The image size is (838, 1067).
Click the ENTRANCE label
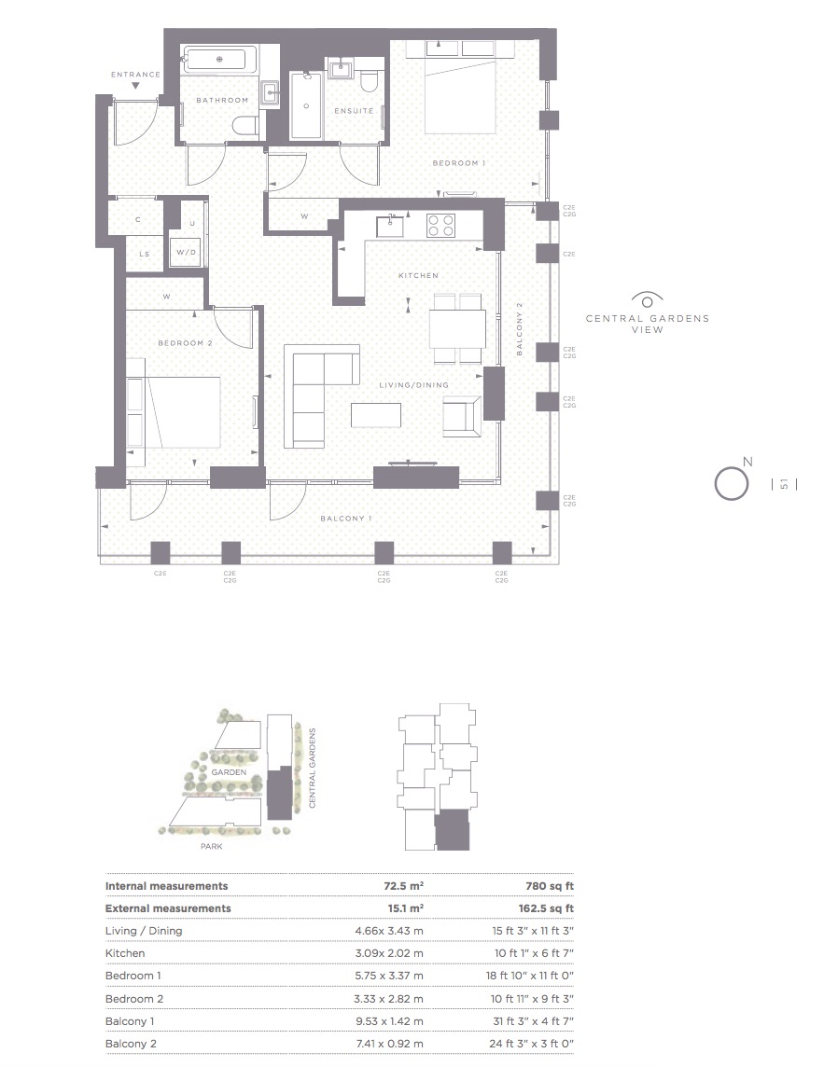[135, 75]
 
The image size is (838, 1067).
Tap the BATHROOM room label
[222, 100]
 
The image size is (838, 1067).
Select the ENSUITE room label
[354, 110]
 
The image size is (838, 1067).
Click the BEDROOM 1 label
[459, 163]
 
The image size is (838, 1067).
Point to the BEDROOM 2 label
[185, 343]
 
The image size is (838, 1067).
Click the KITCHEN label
[419, 275]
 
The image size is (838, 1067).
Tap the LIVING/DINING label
[414, 385]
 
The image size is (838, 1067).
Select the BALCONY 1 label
[346, 519]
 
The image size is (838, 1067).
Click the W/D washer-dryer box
[186, 253]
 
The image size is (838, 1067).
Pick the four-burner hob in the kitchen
[440, 225]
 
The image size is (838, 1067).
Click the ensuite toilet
[370, 80]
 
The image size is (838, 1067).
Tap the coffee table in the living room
[376, 415]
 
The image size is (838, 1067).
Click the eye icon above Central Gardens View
[648, 299]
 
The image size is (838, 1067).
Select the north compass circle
[731, 484]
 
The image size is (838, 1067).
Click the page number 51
[784, 484]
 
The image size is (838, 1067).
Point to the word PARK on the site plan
[211, 847]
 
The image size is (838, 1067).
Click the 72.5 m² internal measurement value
[404, 886]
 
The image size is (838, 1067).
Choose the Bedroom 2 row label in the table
[134, 999]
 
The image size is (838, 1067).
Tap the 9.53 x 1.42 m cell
[389, 1021]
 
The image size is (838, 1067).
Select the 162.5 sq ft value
[546, 908]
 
